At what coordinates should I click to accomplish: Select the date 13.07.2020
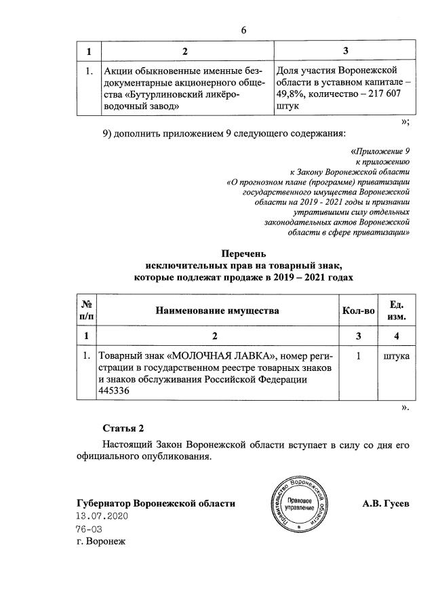(x=102, y=516)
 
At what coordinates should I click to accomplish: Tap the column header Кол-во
(x=357, y=311)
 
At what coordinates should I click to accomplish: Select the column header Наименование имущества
(x=217, y=311)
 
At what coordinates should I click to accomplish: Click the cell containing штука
(x=396, y=355)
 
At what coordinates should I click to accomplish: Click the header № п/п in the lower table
(x=86, y=311)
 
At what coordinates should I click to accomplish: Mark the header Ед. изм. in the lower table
(x=396, y=311)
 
